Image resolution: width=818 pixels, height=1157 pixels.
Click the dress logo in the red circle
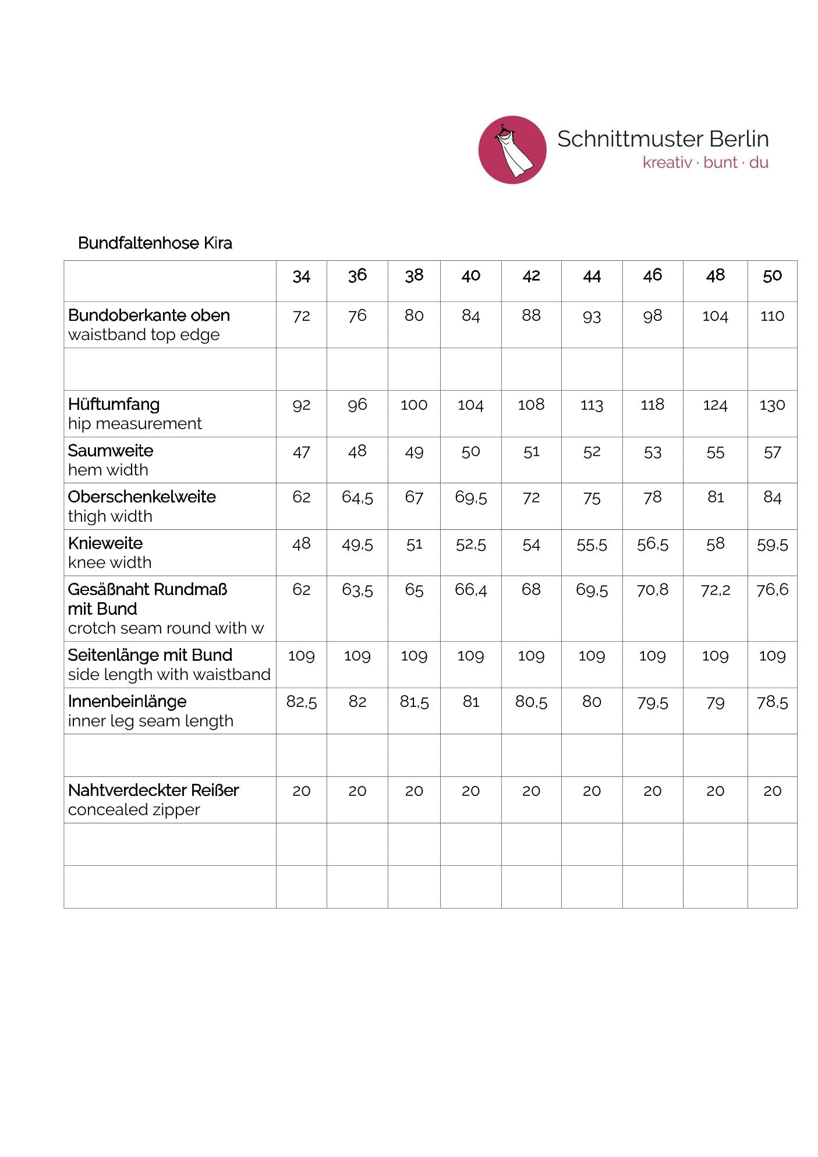pyautogui.click(x=512, y=150)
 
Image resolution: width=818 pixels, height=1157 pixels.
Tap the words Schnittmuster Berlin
pyautogui.click(x=663, y=139)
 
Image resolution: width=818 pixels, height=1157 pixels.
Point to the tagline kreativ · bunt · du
pyautogui.click(x=705, y=162)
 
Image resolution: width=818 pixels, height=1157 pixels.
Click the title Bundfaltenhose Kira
pyautogui.click(x=155, y=243)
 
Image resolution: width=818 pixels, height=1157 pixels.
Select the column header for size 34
pyautogui.click(x=302, y=276)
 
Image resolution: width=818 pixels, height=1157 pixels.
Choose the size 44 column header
pyautogui.click(x=592, y=276)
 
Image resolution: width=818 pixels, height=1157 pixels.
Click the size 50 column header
pyautogui.click(x=772, y=276)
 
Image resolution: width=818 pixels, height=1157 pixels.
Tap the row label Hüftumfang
pyautogui.click(x=114, y=404)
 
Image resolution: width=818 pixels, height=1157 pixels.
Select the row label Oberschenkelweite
pyautogui.click(x=142, y=497)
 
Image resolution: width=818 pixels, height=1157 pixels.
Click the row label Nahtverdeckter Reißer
pyautogui.click(x=154, y=790)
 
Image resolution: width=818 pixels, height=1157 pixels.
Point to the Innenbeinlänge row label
pyautogui.click(x=128, y=702)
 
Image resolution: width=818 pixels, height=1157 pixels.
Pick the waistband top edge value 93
pyautogui.click(x=592, y=316)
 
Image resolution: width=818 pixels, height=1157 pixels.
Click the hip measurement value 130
pyautogui.click(x=772, y=405)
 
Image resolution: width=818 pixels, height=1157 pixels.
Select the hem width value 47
pyautogui.click(x=302, y=452)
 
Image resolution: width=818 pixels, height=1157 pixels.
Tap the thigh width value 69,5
pyautogui.click(x=470, y=498)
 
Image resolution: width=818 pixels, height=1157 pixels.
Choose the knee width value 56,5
pyautogui.click(x=652, y=544)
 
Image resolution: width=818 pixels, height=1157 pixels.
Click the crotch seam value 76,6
pyautogui.click(x=772, y=590)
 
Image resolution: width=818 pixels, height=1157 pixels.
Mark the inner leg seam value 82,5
pyautogui.click(x=302, y=702)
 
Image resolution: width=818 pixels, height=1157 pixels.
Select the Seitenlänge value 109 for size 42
pyautogui.click(x=531, y=656)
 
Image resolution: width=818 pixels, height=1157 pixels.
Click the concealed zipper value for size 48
pyautogui.click(x=715, y=791)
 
